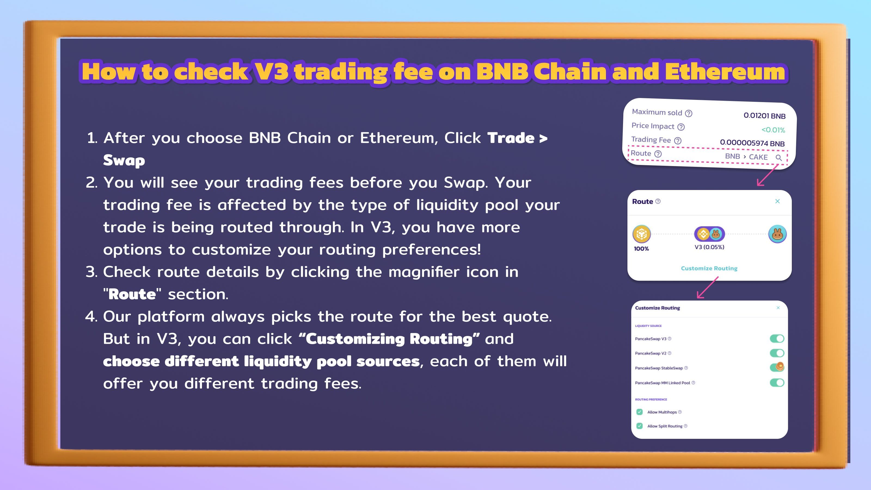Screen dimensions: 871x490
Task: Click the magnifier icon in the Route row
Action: coord(778,158)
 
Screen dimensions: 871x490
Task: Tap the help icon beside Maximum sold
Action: coord(688,113)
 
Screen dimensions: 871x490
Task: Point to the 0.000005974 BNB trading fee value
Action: coord(752,143)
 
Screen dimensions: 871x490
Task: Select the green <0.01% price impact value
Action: coord(773,130)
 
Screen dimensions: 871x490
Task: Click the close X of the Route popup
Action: coord(777,201)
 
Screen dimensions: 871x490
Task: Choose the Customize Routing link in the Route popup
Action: coord(709,268)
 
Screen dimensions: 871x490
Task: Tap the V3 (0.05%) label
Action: coord(709,247)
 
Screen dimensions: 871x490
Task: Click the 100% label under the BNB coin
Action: coord(641,249)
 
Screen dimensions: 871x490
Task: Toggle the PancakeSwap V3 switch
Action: coord(777,338)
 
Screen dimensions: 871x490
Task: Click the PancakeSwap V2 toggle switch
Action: coord(777,353)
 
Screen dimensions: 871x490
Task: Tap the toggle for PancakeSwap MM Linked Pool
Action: coord(777,382)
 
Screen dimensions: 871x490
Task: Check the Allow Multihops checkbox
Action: coord(639,412)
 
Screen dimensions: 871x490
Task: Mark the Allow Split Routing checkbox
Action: coord(639,426)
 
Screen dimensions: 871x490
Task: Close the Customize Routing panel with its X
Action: coord(778,308)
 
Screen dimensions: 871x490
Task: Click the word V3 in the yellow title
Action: coord(272,72)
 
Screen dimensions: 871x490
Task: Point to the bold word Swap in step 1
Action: coord(124,160)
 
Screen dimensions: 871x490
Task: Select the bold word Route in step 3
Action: coord(132,294)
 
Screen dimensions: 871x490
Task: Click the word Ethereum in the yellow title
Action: coord(724,72)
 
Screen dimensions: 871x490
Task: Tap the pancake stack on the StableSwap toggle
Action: coord(780,366)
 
